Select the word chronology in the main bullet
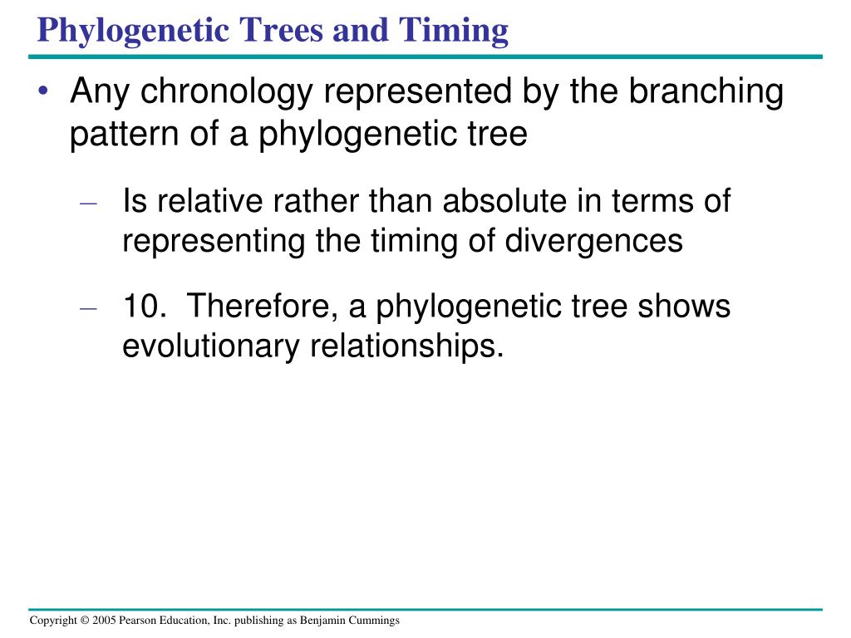[x=227, y=91]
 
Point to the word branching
[x=706, y=91]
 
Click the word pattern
[x=125, y=134]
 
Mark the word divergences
[x=593, y=242]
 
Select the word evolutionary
[x=210, y=346]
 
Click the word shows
[x=684, y=306]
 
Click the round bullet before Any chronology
[x=43, y=91]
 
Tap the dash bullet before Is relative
[x=88, y=204]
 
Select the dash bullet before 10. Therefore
[x=88, y=309]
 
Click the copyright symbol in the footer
[x=85, y=620]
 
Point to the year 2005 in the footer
[x=104, y=620]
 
